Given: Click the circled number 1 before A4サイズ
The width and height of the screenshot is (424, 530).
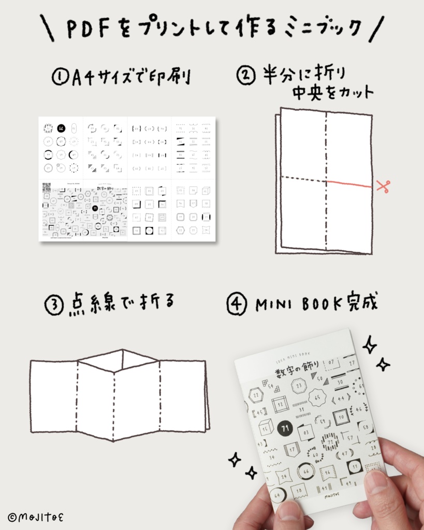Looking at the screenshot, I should [60, 78].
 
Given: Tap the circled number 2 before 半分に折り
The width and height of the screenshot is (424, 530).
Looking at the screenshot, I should [246, 75].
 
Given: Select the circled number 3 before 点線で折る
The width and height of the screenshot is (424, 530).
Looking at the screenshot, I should [54, 304].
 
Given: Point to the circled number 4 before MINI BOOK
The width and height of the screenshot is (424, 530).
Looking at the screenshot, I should [237, 304].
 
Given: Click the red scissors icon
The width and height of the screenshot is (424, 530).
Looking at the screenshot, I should [383, 186].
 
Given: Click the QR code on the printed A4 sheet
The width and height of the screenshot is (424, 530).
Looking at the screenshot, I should [47, 187].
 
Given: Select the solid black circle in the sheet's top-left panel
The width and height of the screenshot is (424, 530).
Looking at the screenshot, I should [61, 128].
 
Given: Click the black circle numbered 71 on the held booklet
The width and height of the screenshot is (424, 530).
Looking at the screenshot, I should [283, 428].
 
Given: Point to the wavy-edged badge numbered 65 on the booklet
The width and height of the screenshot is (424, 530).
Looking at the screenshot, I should [317, 398].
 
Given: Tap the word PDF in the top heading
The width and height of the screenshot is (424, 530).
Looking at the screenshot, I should [87, 30].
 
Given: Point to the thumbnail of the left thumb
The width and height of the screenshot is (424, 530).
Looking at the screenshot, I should [287, 510].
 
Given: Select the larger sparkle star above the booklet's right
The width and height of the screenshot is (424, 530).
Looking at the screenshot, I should [369, 344].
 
